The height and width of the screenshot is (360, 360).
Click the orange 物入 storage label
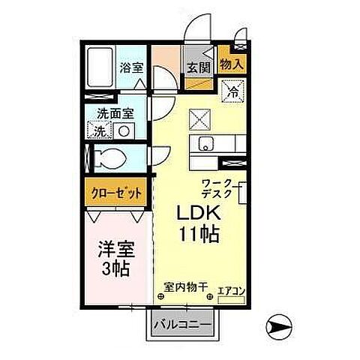pyautogui.click(x=231, y=66)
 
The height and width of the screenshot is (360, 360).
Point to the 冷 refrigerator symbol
pyautogui.click(x=234, y=93)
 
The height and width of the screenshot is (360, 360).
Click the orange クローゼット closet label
pyautogui.click(x=116, y=193)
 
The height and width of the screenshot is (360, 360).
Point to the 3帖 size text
pyautogui.click(x=116, y=268)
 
